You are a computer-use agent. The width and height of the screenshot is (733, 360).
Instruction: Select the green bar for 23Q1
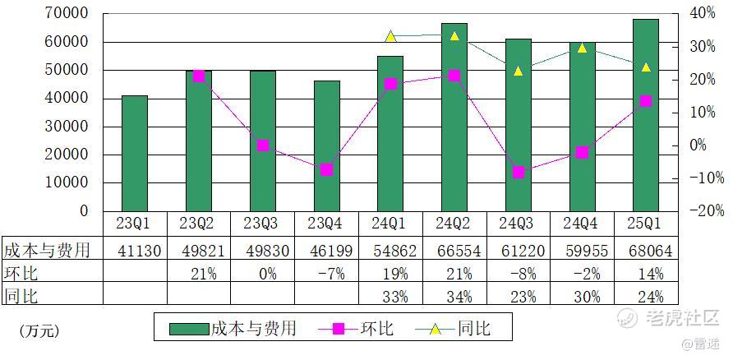click(x=135, y=153)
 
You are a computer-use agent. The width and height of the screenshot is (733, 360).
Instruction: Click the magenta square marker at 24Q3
click(x=519, y=172)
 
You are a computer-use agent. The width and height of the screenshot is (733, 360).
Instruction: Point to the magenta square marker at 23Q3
click(x=262, y=145)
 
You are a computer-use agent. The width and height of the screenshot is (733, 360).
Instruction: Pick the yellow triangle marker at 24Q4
click(x=582, y=48)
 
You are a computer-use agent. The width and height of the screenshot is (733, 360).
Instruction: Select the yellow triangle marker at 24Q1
click(x=390, y=36)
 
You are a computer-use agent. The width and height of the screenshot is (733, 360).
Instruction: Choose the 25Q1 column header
click(x=646, y=224)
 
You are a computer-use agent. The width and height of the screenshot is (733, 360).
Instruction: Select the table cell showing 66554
click(x=454, y=251)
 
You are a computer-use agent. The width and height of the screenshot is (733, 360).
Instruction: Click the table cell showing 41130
click(x=135, y=251)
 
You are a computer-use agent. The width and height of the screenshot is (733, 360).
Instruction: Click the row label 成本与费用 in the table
click(x=47, y=250)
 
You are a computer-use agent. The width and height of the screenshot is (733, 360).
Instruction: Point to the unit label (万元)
click(x=39, y=331)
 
